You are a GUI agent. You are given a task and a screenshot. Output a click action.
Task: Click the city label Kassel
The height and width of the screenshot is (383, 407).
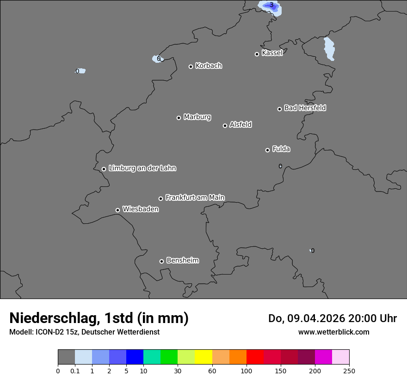(272, 53)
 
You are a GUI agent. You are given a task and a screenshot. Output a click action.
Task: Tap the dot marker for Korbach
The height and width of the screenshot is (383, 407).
(191, 66)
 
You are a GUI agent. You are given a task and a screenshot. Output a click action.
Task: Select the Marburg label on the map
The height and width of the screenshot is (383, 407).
(197, 117)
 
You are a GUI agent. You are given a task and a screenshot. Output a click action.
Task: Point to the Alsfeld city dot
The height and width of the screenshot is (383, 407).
(225, 126)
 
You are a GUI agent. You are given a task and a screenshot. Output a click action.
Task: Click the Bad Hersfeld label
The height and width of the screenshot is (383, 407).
(305, 108)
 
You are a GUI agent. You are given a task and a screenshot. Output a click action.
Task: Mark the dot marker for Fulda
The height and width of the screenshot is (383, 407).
(267, 150)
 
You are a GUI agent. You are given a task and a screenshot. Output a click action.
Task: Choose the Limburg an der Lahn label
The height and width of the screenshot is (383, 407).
(142, 168)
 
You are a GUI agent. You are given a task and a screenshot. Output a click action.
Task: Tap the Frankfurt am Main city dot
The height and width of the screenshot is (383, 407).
(161, 198)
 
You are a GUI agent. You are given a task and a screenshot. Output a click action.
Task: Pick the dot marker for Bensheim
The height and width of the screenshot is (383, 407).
(161, 261)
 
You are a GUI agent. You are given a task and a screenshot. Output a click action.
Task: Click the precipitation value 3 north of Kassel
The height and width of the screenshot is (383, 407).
(271, 5)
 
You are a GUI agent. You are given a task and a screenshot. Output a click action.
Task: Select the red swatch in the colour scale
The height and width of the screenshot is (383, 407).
(255, 357)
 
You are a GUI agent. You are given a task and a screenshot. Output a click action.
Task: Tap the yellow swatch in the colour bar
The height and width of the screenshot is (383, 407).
(203, 357)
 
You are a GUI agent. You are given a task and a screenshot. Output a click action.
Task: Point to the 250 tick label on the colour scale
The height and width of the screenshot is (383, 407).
(349, 371)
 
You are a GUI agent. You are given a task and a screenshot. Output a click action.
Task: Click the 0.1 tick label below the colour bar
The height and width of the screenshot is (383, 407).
(75, 371)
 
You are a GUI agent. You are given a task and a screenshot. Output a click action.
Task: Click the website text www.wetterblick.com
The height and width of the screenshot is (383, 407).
(333, 332)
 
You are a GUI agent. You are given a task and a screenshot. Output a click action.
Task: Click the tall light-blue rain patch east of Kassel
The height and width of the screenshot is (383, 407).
(329, 49)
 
